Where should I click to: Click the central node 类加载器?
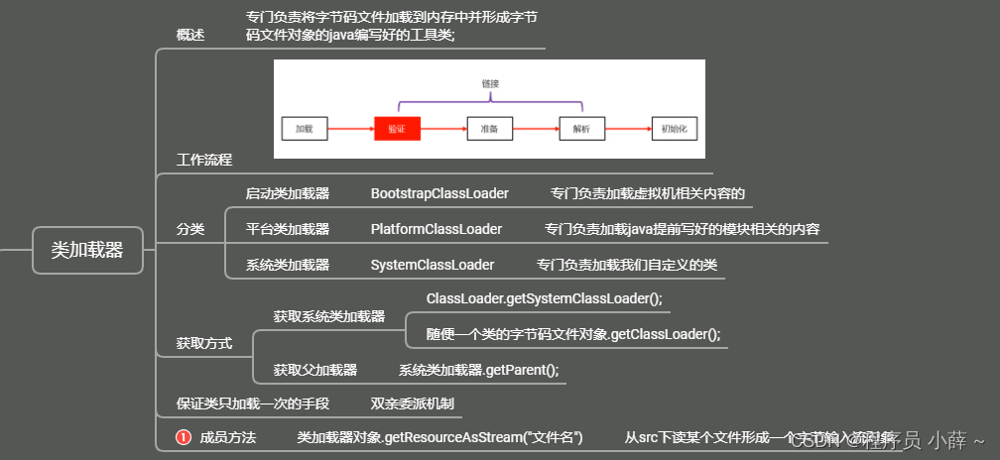pos(87,250)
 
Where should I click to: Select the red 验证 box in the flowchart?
pos(397,129)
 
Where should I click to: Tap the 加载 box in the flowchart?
pos(304,129)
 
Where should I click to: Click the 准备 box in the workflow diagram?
pos(489,129)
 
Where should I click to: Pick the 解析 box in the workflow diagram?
pos(580,129)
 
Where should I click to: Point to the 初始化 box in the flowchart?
pos(675,129)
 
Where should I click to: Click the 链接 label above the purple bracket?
pos(490,83)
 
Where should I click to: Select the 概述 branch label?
pos(190,35)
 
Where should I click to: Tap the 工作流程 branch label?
pos(204,159)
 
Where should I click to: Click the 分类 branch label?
pos(190,229)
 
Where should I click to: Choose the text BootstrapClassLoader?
pos(439,193)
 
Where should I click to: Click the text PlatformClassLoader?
pos(437,229)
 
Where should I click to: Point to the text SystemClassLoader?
pos(433,265)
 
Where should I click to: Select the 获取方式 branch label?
pos(204,343)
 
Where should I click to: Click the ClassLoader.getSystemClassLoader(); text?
pos(544,298)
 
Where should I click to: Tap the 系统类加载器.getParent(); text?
pos(478,370)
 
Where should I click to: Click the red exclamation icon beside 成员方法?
pos(184,436)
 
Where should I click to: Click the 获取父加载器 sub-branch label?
pos(315,370)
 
